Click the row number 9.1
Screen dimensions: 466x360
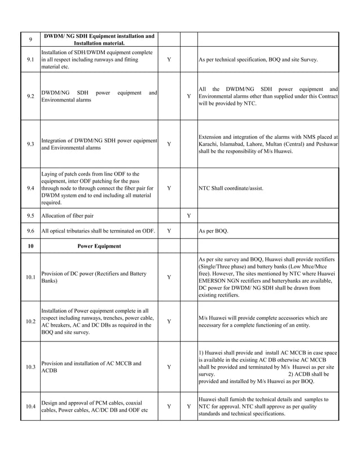30,59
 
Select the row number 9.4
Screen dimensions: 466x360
30,188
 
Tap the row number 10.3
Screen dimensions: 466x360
30,367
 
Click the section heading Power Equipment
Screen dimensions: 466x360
99,246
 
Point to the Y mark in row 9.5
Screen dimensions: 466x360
188,216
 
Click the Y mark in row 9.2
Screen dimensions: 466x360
188,96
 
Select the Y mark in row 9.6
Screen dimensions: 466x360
169,231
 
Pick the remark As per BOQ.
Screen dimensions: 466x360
214,231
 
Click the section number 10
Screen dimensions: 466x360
30,246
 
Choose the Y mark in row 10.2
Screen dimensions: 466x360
169,322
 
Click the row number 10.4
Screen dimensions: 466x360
30,407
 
